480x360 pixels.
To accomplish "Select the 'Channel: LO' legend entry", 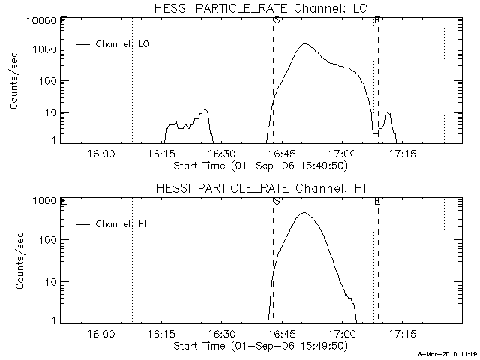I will tap(124, 44).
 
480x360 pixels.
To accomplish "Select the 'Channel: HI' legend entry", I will tap(124, 223).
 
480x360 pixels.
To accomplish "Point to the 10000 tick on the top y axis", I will tap(42, 20).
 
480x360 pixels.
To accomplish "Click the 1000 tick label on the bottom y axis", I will tap(45, 201).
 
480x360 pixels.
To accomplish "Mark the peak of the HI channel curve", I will tap(304, 213).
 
